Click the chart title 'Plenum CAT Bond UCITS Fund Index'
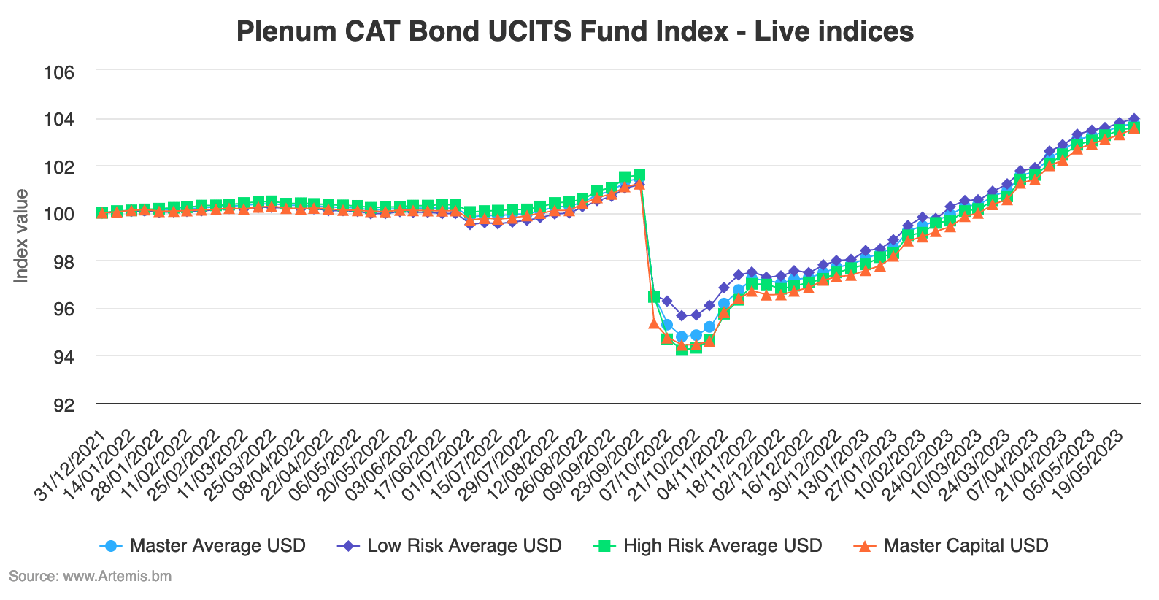575,31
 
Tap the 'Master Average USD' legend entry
217,545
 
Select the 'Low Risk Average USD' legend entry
463,545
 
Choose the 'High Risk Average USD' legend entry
722,545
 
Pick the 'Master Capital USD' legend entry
965,545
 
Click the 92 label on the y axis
63,404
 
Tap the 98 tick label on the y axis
63,261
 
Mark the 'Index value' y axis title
21,236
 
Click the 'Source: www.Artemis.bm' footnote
90,576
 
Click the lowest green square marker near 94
682,349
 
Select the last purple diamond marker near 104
1133,118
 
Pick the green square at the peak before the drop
639,175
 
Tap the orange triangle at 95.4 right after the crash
654,323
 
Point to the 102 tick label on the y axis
60,166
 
